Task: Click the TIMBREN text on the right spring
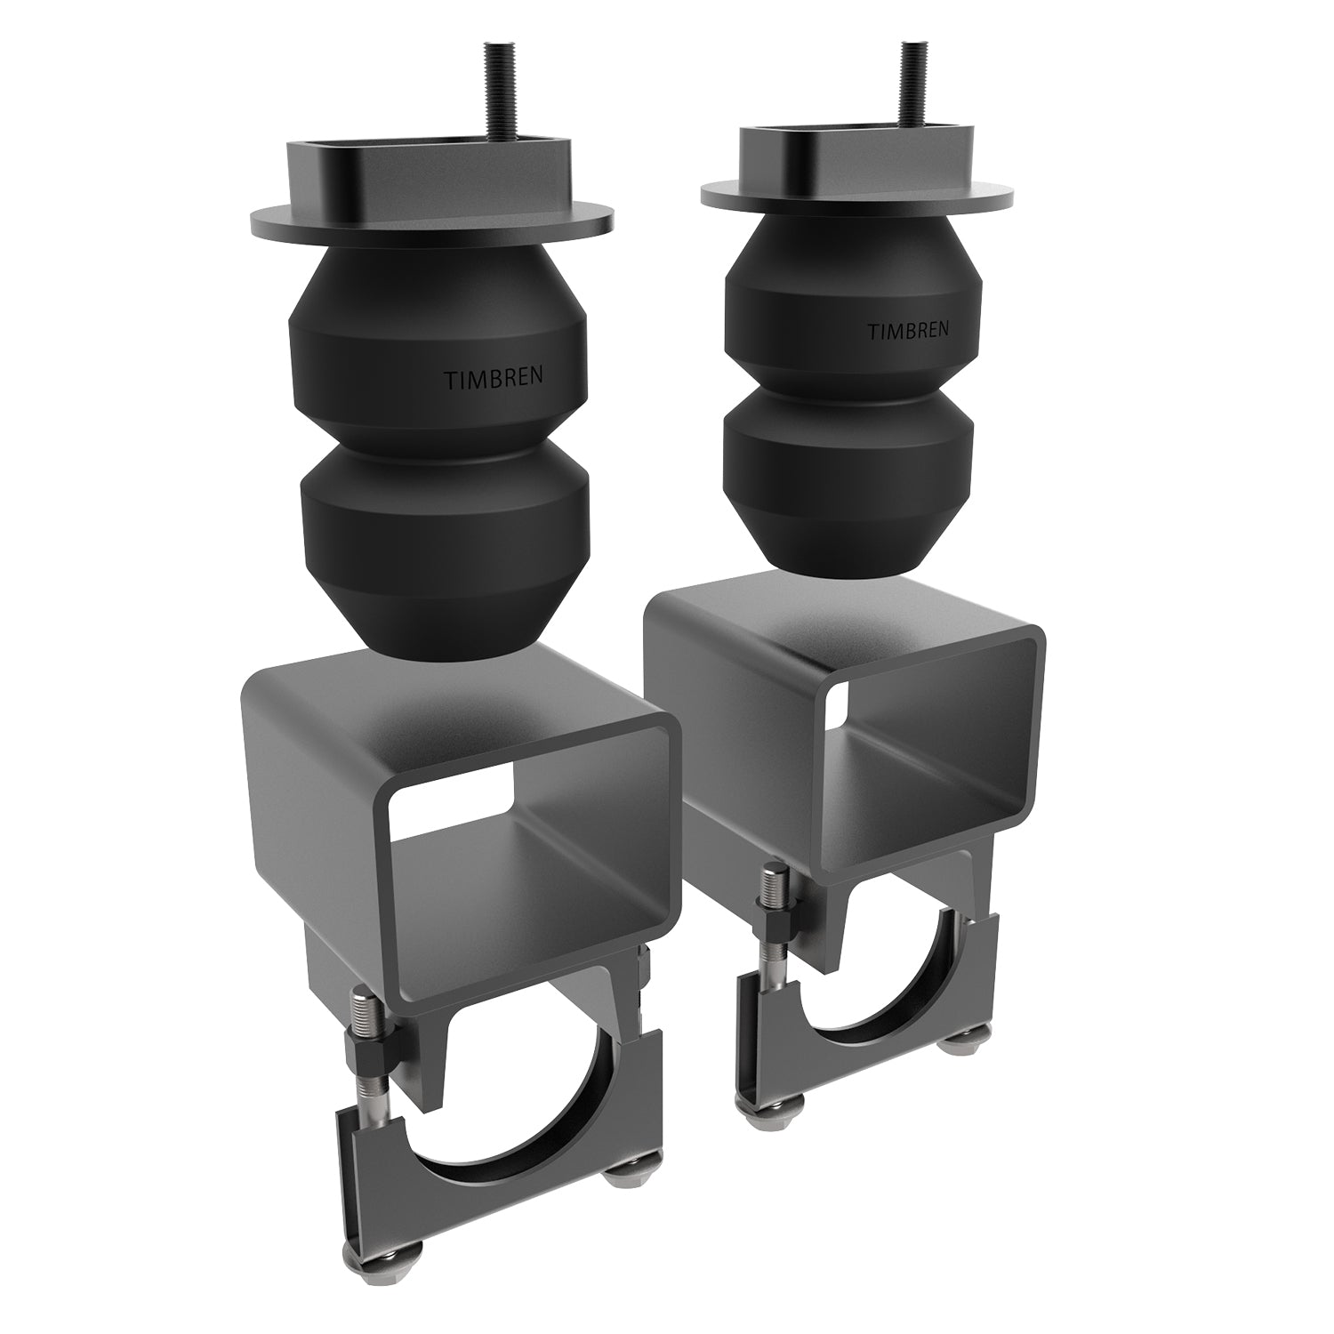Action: (907, 330)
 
